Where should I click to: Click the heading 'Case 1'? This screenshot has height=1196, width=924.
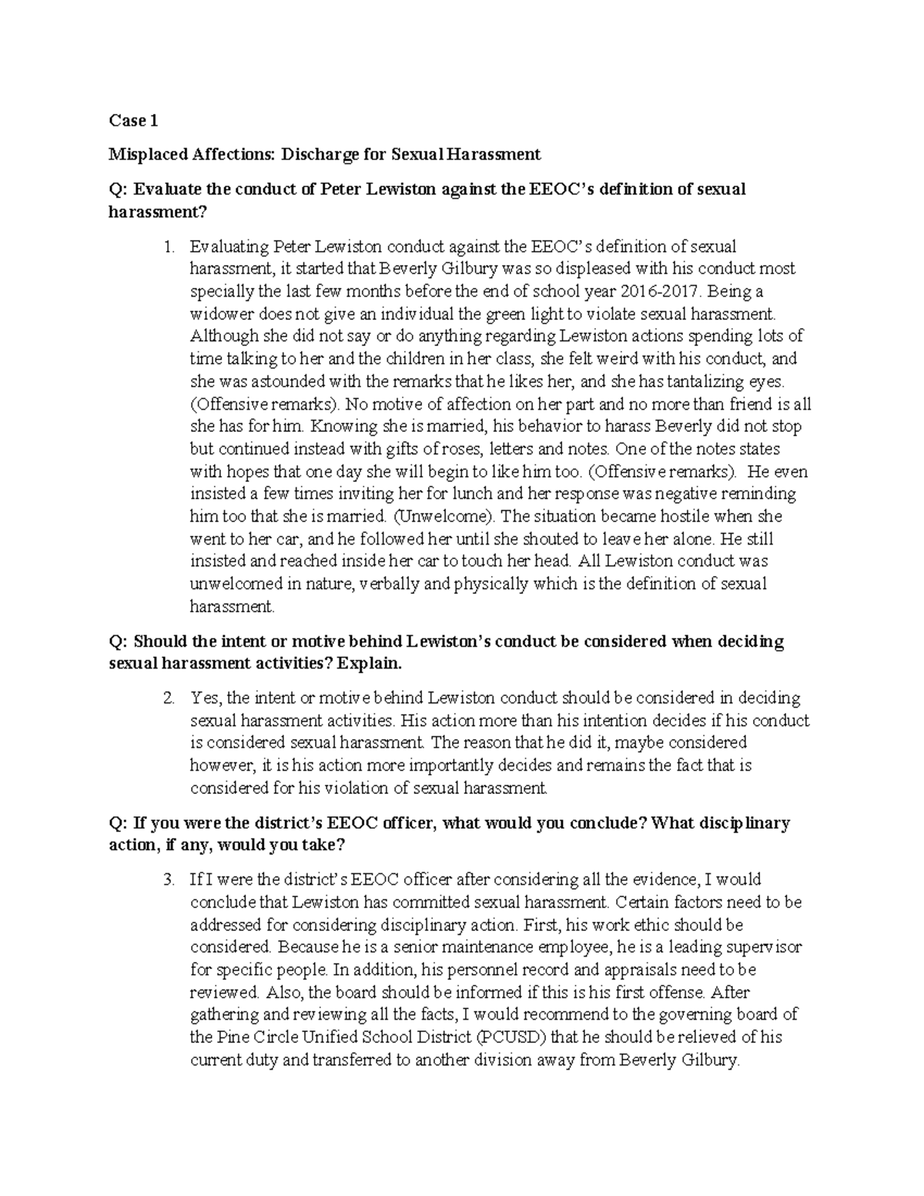click(133, 120)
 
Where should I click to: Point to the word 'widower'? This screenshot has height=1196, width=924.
click(221, 314)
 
